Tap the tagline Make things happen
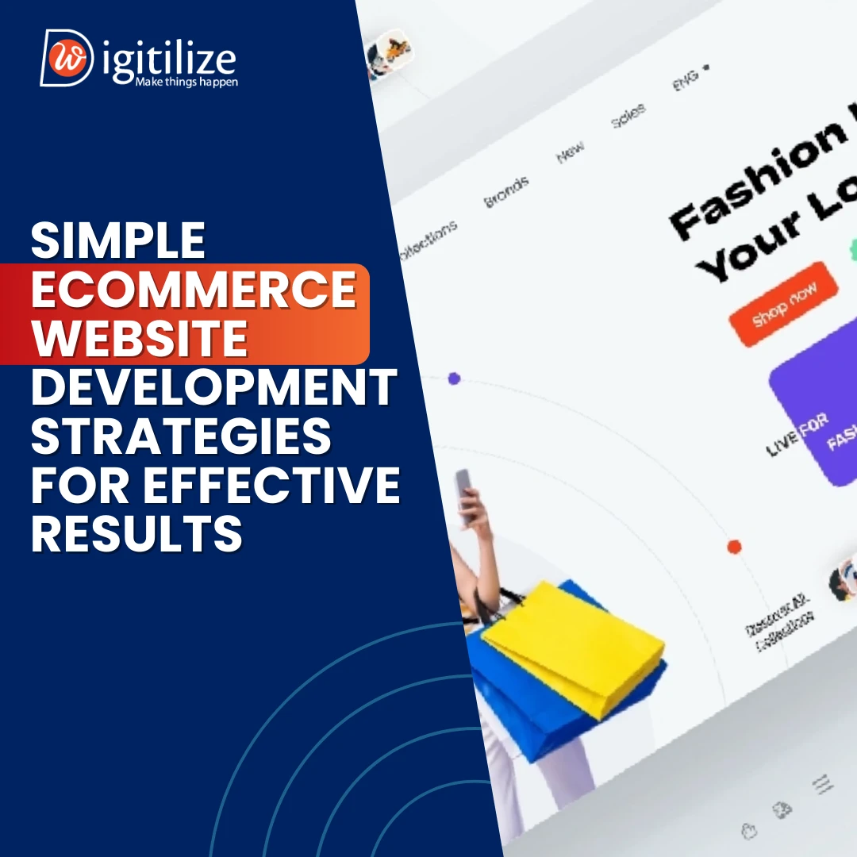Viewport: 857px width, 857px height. click(x=186, y=81)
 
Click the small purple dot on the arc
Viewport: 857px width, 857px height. click(x=454, y=379)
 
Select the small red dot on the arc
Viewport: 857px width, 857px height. click(x=734, y=547)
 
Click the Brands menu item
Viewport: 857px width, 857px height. click(x=506, y=193)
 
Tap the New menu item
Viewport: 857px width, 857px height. click(x=571, y=151)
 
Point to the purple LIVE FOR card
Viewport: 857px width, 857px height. click(x=817, y=421)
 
